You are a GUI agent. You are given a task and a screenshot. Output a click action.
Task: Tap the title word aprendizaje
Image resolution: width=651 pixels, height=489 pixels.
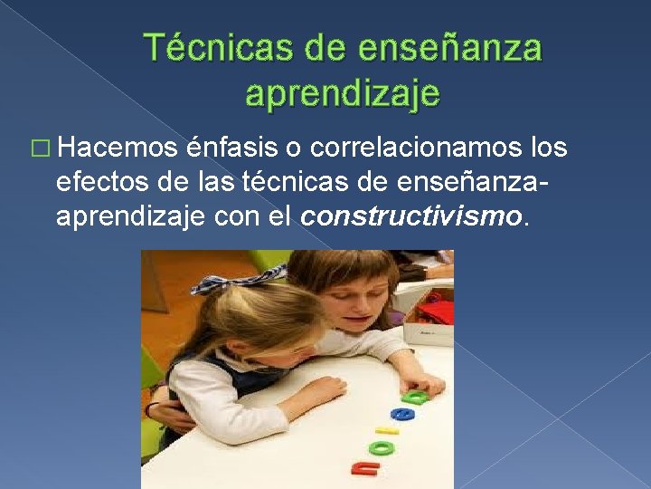[x=343, y=92]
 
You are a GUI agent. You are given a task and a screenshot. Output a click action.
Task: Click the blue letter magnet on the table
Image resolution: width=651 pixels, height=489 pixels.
[x=402, y=415]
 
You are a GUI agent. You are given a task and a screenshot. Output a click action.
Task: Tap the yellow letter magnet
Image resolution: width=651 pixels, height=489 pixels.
[x=388, y=431]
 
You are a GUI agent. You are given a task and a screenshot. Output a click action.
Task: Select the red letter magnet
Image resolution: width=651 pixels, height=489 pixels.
[x=364, y=466]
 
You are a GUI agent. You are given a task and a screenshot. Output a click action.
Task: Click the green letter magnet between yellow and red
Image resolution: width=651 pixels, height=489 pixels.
[x=382, y=446]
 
